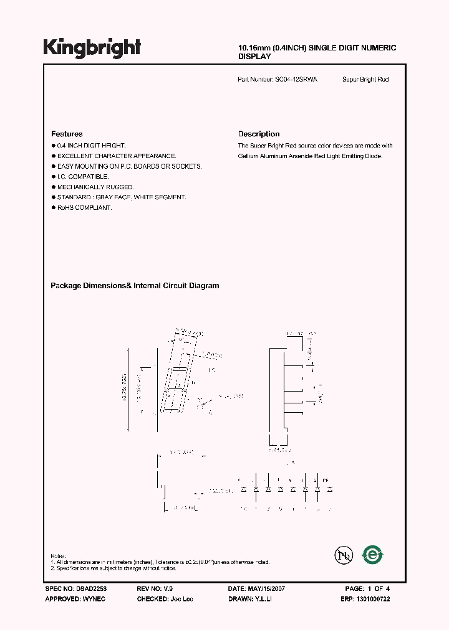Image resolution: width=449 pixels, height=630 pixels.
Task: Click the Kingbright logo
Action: (92, 48)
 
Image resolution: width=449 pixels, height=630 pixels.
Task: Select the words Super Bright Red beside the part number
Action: (365, 80)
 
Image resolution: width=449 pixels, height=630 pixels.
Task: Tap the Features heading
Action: (67, 134)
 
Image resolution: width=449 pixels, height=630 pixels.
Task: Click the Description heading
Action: (259, 134)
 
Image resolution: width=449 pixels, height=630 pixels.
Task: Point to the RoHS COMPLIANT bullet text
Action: (84, 207)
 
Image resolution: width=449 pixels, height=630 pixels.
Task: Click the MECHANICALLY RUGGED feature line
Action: (95, 187)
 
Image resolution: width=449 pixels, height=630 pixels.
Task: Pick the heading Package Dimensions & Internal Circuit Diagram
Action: (135, 286)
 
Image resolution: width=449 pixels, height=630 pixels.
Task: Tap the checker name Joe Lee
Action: (181, 598)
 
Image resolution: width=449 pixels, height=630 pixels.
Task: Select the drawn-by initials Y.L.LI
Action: (263, 598)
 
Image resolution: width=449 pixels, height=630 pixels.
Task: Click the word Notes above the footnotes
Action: (58, 555)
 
